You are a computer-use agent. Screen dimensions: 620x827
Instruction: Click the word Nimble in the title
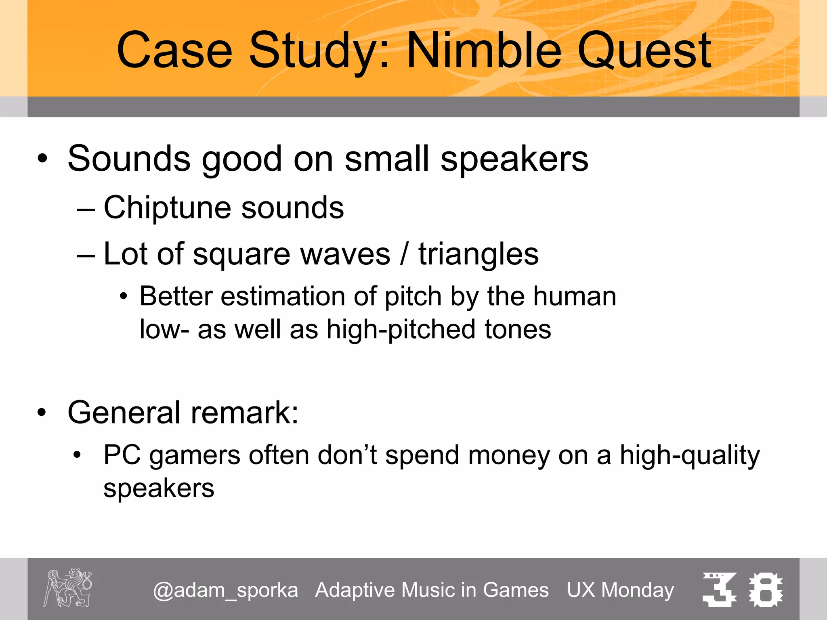tap(484, 50)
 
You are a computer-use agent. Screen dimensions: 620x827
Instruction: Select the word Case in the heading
tap(174, 50)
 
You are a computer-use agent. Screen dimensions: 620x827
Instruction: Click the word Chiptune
tap(167, 208)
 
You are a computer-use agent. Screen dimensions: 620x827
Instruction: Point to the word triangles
tap(479, 254)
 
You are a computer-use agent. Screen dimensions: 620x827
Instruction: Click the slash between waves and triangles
tap(404, 254)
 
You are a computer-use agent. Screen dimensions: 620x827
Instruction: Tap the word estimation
tap(283, 296)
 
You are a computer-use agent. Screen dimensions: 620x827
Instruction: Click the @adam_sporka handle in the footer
tap(225, 590)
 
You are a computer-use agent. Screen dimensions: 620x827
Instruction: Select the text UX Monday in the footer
tap(620, 590)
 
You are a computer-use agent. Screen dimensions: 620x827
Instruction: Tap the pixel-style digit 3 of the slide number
tap(719, 589)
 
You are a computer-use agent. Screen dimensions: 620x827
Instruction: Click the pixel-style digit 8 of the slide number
tap(766, 589)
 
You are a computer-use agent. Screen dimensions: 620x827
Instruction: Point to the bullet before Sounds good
tap(42, 159)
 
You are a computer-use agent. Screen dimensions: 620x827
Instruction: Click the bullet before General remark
tap(42, 413)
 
